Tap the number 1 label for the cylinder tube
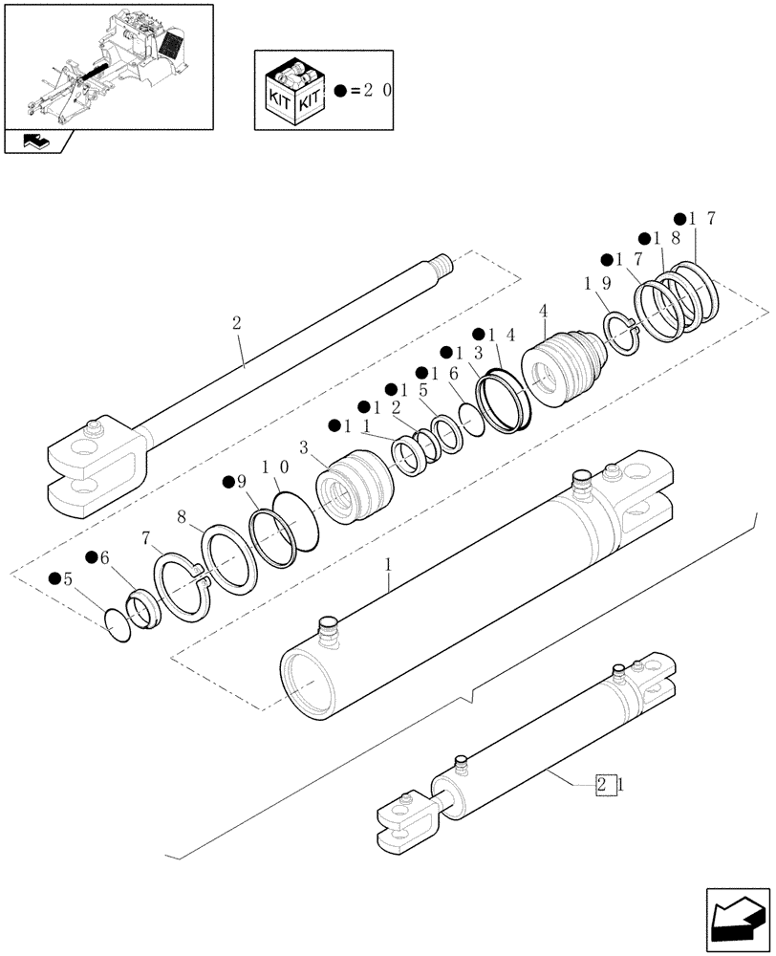(x=388, y=567)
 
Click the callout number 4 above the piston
(x=543, y=313)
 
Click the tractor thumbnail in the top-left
(x=107, y=64)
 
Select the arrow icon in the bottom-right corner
(x=736, y=918)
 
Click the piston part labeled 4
(x=564, y=368)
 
